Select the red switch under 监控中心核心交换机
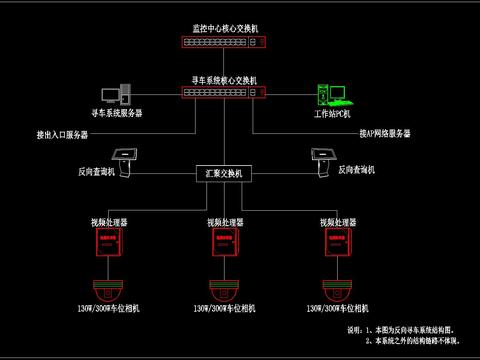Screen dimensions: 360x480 coord(224,43)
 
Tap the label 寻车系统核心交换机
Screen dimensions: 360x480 coord(224,79)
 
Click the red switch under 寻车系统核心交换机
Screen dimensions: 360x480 coord(224,93)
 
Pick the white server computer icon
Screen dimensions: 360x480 coord(128,94)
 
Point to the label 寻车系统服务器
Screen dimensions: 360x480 coord(117,114)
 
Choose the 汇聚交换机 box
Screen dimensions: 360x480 coord(224,174)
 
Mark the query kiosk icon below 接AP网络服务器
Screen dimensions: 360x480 coord(322,157)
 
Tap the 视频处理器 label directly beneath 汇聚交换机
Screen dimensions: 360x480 coord(224,221)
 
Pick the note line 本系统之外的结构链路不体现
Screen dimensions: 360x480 coord(420,341)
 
